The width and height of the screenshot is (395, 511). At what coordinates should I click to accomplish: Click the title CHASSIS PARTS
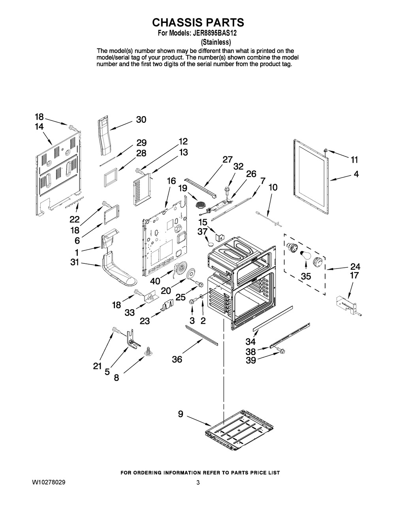click(x=197, y=22)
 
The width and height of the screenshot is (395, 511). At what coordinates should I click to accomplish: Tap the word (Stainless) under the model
click(x=216, y=42)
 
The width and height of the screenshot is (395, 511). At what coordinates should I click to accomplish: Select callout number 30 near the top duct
click(x=141, y=120)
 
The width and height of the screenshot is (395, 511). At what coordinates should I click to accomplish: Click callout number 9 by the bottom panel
click(x=181, y=414)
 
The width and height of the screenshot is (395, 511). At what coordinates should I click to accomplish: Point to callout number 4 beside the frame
click(x=356, y=174)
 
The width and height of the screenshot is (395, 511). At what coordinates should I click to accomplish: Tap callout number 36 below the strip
click(x=177, y=360)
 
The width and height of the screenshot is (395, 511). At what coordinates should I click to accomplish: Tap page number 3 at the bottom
click(x=197, y=483)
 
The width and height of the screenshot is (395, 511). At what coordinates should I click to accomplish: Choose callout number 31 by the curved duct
click(x=74, y=262)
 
